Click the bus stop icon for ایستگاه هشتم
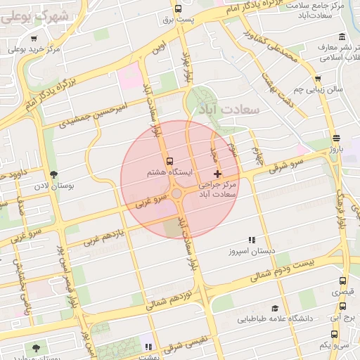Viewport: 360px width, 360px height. click(168, 160)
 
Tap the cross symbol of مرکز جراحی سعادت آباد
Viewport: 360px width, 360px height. click(217, 173)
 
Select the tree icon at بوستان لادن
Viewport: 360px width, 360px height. click(54, 174)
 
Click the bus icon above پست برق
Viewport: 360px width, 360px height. click(178, 10)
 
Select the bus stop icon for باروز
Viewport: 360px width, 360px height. click(337, 138)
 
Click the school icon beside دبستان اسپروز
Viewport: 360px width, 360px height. click(252, 240)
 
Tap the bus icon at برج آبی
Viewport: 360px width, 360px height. click(342, 307)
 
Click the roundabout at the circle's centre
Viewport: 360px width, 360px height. click(176, 193)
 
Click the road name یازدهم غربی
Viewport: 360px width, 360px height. click(105, 236)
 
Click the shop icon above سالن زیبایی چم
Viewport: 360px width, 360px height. click(319, 79)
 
